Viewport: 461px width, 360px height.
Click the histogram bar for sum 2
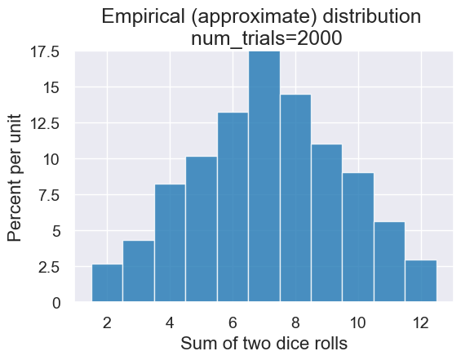tap(107, 283)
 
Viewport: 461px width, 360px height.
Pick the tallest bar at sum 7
tap(264, 176)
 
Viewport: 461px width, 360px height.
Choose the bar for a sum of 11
tap(390, 262)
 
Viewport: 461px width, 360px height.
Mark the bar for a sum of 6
tap(233, 207)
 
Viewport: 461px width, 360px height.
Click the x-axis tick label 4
tap(170, 322)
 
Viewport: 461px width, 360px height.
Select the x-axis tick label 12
tap(421, 322)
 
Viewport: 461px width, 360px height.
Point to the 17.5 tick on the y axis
tap(44, 52)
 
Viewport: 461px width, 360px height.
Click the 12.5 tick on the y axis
tap(44, 123)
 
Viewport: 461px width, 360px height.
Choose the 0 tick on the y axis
tap(55, 303)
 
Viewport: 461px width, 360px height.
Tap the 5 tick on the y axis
tap(55, 231)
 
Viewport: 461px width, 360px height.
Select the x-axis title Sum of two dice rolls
tap(264, 344)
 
